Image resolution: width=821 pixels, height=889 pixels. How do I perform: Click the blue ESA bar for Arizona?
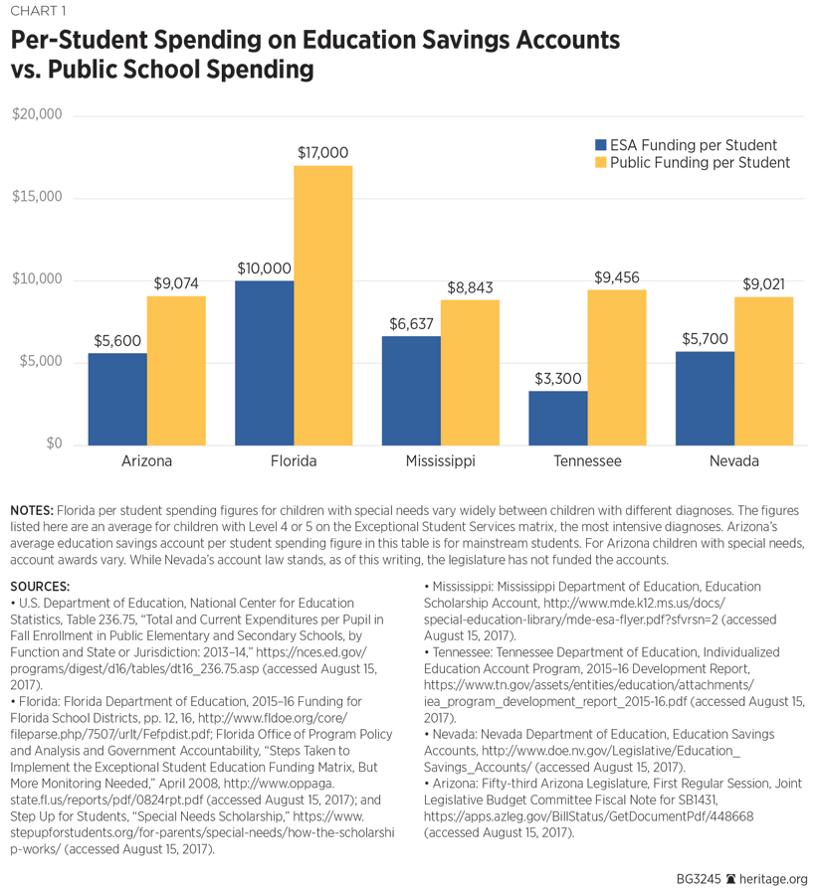click(117, 398)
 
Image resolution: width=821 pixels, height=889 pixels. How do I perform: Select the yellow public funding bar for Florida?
click(323, 304)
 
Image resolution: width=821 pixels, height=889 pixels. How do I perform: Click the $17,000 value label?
click(323, 153)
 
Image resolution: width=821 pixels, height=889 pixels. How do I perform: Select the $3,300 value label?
click(558, 379)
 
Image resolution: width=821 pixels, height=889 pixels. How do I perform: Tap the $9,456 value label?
click(617, 277)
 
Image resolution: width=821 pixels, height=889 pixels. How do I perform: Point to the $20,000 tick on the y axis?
click(37, 114)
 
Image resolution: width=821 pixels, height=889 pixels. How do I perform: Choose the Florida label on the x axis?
click(294, 461)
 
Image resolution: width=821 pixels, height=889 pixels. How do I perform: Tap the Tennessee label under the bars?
click(587, 461)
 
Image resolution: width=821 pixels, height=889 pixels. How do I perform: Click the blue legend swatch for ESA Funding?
click(600, 145)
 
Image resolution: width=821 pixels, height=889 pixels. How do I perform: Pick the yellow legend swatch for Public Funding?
click(600, 163)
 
